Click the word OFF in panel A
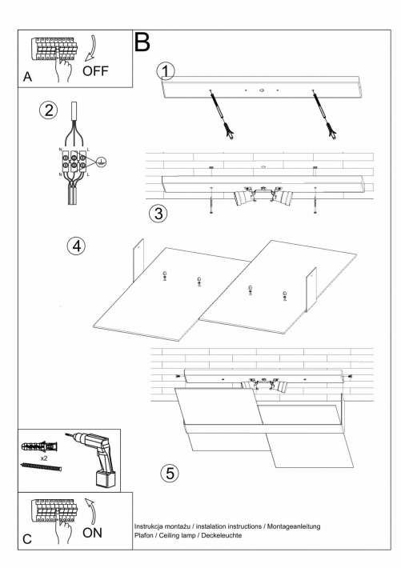tap(95, 71)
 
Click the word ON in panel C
tap(92, 533)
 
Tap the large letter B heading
tap(142, 42)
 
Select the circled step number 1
tap(166, 71)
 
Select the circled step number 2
tap(49, 110)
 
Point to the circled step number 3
tap(158, 214)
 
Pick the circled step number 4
tap(76, 246)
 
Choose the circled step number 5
tap(170, 473)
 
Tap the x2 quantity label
tap(44, 458)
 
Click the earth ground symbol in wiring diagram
tap(102, 162)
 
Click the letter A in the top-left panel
tap(27, 77)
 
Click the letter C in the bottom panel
tap(27, 539)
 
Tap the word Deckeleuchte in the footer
tap(222, 535)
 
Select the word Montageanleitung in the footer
tap(294, 526)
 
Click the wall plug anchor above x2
tap(39, 446)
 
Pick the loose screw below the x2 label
tap(42, 467)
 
